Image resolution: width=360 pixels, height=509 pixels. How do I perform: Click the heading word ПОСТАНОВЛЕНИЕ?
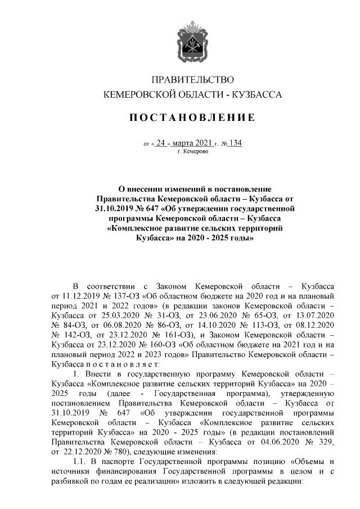[193, 118]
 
